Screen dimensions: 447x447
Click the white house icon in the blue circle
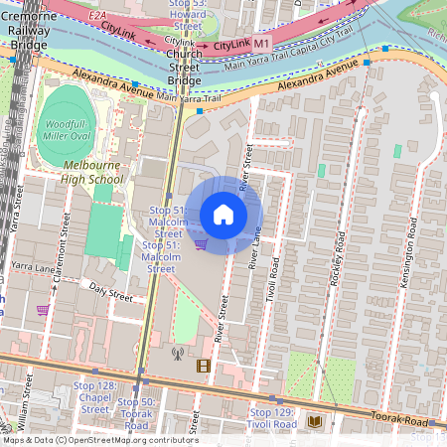(223, 215)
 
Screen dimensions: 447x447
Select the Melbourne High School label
(91, 172)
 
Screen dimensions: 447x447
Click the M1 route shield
(261, 45)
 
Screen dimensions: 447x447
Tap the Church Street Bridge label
(184, 67)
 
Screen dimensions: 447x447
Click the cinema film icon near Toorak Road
(204, 366)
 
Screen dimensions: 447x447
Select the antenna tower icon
(178, 353)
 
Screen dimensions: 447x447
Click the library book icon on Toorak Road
(315, 422)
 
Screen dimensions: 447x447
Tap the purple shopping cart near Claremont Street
(43, 310)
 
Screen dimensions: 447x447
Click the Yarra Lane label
(33, 267)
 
